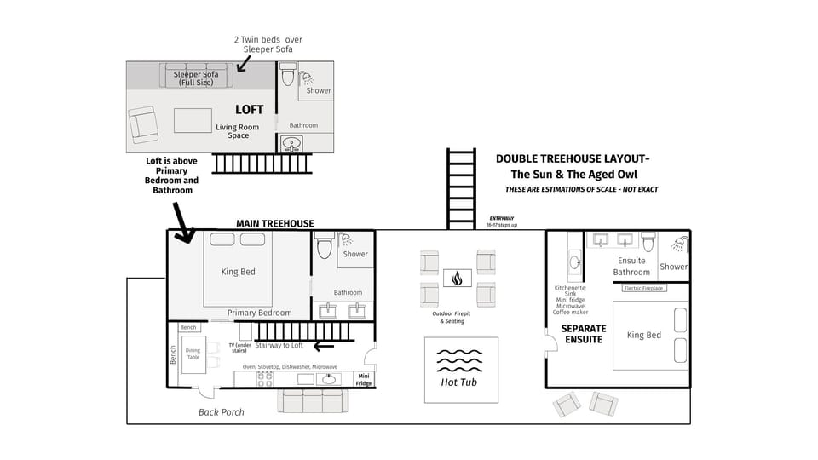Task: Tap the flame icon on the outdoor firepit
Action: [458, 278]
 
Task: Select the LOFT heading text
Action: [250, 110]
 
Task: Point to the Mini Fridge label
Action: [364, 378]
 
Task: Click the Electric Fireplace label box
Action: [644, 289]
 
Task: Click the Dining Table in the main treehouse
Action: [193, 353]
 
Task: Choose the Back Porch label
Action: [222, 412]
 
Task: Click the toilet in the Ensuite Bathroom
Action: [648, 244]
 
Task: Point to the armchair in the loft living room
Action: [143, 125]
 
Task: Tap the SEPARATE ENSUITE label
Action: [583, 334]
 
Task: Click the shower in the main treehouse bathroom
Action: [355, 249]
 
